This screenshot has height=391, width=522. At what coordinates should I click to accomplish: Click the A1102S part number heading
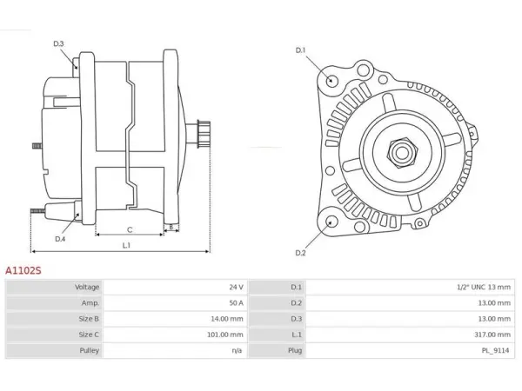(x=23, y=270)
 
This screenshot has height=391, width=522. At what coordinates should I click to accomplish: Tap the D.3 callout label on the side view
(x=58, y=43)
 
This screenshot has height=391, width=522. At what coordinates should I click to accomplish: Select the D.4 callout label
(x=60, y=239)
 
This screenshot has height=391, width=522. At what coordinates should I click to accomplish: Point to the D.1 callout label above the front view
(x=300, y=50)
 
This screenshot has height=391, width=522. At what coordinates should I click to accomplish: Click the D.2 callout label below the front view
(x=300, y=253)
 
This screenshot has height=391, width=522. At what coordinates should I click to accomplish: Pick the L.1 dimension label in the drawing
(x=126, y=245)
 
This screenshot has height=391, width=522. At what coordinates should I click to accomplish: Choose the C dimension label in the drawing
(x=130, y=229)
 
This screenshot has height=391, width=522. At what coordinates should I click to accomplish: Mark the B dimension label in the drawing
(x=171, y=228)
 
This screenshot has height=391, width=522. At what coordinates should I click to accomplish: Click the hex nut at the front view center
(x=402, y=153)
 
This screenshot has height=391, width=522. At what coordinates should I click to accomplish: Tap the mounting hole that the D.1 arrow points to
(x=331, y=80)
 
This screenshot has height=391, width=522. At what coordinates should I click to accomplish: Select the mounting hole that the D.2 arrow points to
(x=331, y=222)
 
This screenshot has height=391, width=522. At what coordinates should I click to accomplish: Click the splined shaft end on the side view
(x=204, y=134)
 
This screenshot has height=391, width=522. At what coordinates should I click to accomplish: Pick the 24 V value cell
(x=236, y=287)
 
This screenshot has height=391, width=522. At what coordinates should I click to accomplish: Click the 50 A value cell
(x=236, y=303)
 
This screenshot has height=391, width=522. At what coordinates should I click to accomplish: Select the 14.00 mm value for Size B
(x=227, y=319)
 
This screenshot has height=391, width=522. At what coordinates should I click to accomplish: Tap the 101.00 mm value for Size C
(x=225, y=335)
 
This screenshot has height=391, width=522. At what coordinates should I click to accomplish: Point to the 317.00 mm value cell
(x=492, y=335)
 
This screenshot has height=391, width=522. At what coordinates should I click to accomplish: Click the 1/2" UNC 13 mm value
(x=484, y=287)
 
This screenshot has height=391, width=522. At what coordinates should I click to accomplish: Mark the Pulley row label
(x=90, y=350)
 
